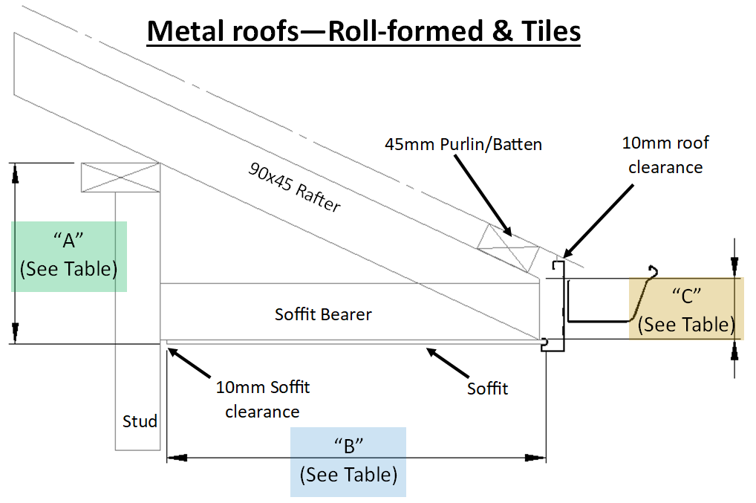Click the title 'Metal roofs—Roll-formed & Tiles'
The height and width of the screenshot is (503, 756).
tap(363, 30)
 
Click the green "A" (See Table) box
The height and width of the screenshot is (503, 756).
tap(69, 255)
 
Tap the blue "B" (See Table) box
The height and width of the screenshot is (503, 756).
tap(348, 461)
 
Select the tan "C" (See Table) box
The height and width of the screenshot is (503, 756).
tap(685, 308)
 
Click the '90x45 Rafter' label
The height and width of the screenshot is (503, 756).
tap(293, 187)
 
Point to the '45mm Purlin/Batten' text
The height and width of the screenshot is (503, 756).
tap(463, 144)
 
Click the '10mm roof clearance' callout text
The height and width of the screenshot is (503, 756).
tap(665, 155)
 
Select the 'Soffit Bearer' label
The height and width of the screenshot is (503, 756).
tap(323, 314)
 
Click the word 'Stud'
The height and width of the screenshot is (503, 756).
tap(140, 422)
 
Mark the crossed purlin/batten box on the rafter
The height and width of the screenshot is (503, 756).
tap(509, 247)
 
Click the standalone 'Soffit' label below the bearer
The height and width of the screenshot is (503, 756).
tap(487, 388)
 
